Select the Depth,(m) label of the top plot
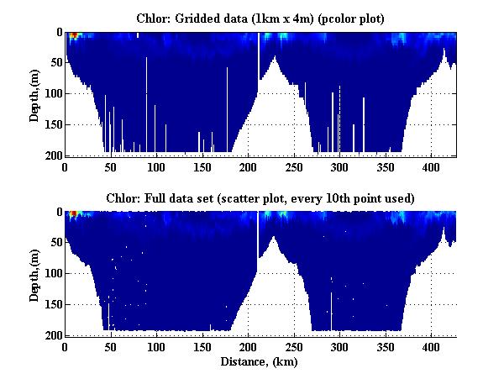tap(34, 94)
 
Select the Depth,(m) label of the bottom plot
tap(34, 274)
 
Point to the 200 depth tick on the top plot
tap(51, 155)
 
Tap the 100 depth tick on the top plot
tap(51, 93)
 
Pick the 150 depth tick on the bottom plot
tap(51, 304)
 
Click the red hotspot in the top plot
tap(73, 35)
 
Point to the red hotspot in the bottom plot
tap(73, 214)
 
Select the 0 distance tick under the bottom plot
tap(65, 346)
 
